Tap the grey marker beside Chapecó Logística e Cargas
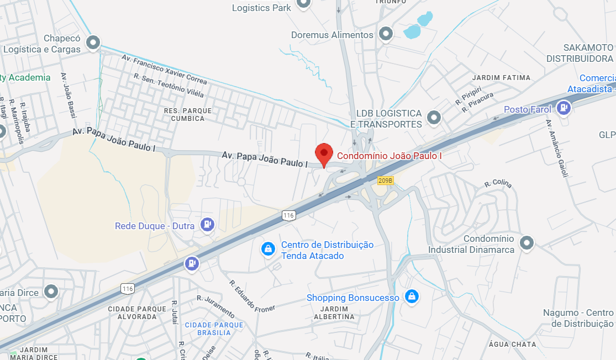pyautogui.click(x=93, y=42)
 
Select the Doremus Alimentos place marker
pyautogui.click(x=386, y=34)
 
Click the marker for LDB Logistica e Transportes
pyautogui.click(x=434, y=117)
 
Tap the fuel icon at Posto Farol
pyautogui.click(x=564, y=108)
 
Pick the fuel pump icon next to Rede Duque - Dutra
pyautogui.click(x=207, y=224)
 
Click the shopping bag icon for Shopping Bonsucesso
pyautogui.click(x=410, y=297)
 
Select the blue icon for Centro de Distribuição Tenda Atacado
pyautogui.click(x=268, y=250)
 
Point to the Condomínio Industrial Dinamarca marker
pyautogui.click(x=527, y=242)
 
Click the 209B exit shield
pyautogui.click(x=385, y=181)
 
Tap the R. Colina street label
pyautogui.click(x=498, y=184)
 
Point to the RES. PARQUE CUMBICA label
pyautogui.click(x=188, y=114)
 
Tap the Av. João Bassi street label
pyautogui.click(x=68, y=96)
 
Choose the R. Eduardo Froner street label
pyautogui.click(x=252, y=295)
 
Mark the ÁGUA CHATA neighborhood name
pyautogui.click(x=512, y=345)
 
